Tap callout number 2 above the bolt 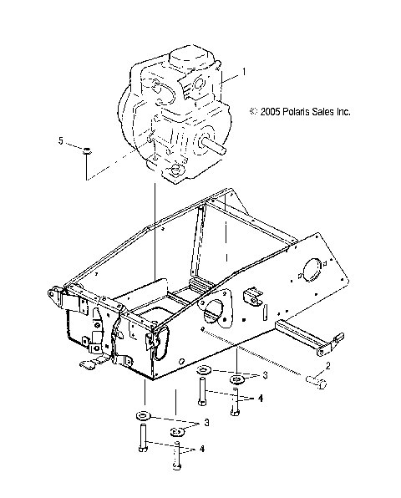328,365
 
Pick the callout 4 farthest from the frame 202,449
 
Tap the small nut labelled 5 86,150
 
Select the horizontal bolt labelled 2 314,383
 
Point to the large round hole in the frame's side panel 309,272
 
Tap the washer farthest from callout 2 142,414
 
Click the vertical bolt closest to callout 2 236,404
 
